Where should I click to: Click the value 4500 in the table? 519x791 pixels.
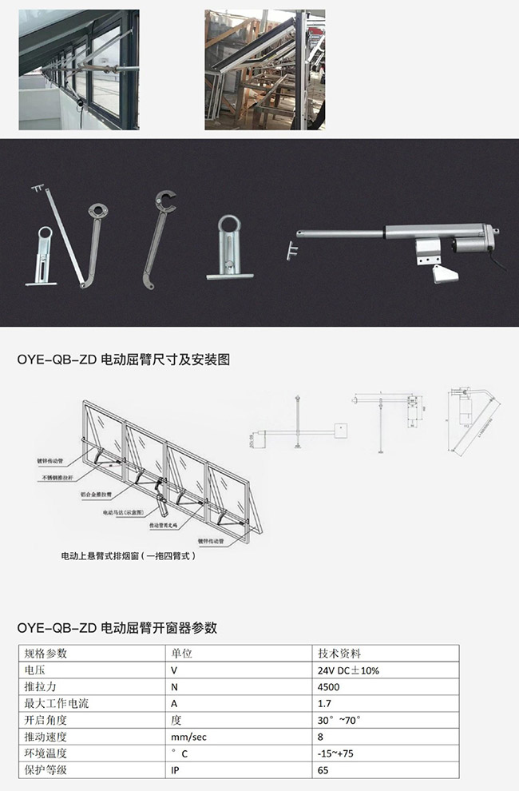[x=327, y=686]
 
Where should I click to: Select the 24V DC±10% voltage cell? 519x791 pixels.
[x=347, y=670]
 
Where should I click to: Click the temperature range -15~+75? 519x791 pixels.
[x=336, y=753]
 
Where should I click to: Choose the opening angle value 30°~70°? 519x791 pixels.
[x=339, y=720]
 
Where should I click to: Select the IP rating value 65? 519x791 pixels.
[x=323, y=770]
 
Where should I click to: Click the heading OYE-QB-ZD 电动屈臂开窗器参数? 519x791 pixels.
[x=117, y=627]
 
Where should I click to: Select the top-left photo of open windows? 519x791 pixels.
[x=78, y=70]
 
